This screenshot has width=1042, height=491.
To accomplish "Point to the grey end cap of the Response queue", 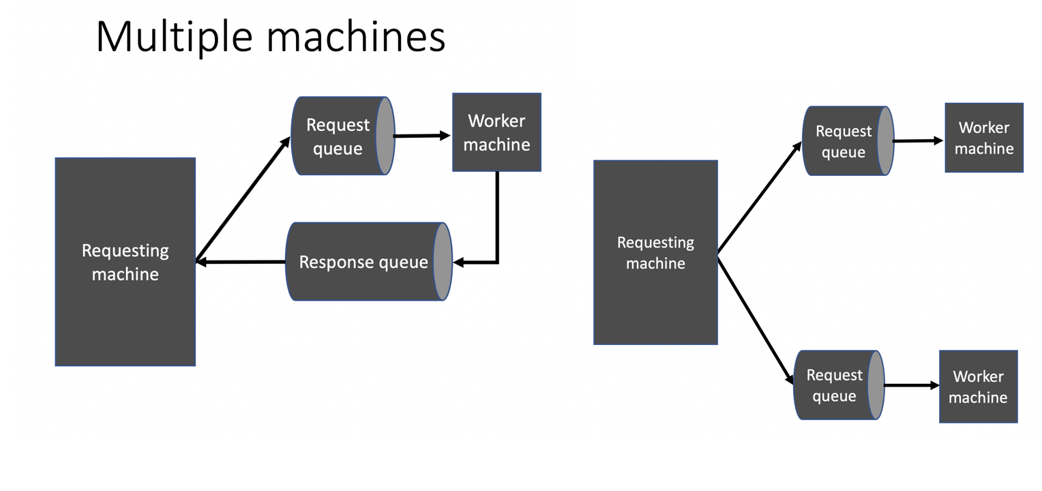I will point(443,262).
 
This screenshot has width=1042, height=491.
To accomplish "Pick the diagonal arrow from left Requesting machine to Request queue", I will point(243,198).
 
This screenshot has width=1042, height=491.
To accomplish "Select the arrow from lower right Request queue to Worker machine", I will point(911,385).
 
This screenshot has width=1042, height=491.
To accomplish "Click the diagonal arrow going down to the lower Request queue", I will point(756,319).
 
